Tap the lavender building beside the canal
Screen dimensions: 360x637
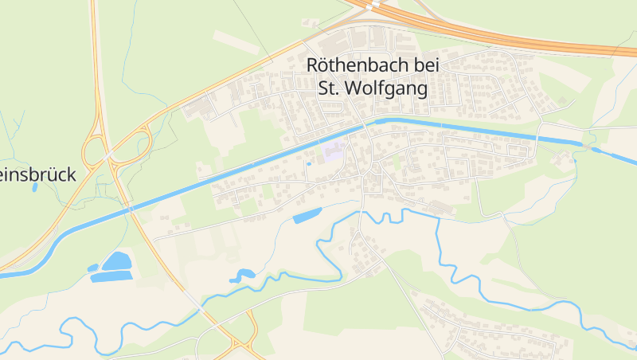[334, 151]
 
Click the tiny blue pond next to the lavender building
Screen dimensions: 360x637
[309, 164]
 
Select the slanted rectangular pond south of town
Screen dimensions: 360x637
[307, 214]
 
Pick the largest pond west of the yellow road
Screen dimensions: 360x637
[117, 261]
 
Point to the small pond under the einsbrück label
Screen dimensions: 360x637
[35, 188]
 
